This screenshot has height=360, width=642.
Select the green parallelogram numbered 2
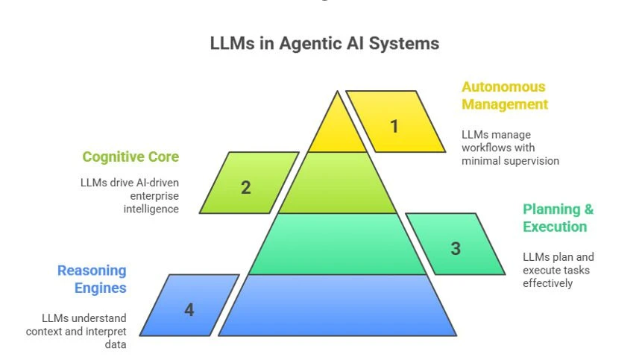[246, 186]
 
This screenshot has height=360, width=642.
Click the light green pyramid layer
[337, 183]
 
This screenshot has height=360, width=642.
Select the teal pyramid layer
[337, 244]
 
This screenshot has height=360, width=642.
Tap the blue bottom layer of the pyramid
[337, 306]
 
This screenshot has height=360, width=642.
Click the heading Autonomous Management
[504, 95]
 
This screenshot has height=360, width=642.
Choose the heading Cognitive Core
[130, 157]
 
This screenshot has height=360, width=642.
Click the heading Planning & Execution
[558, 218]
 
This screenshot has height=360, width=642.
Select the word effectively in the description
[549, 283]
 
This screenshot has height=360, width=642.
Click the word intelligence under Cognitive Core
[151, 209]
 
